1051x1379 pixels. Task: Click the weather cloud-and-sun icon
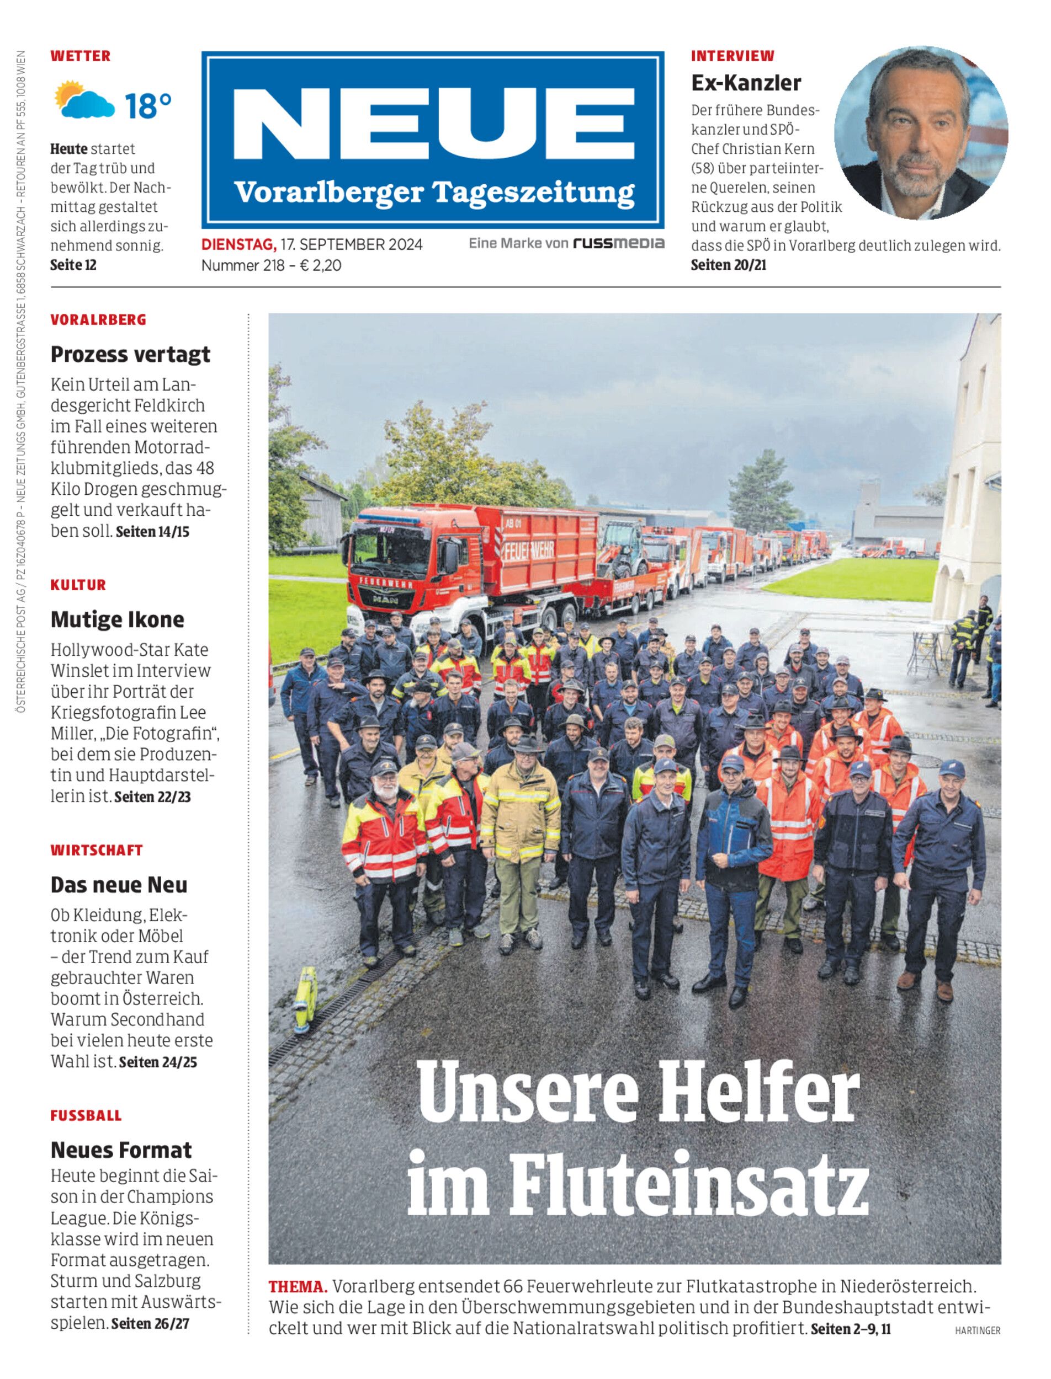click(84, 100)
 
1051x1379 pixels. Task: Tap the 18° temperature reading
click(147, 106)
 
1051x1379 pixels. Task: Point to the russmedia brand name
click(618, 243)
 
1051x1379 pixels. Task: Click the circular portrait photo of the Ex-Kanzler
click(920, 132)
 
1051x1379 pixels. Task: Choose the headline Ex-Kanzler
click(746, 83)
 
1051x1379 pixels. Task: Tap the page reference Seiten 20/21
click(728, 265)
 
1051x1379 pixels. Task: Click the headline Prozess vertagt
click(130, 355)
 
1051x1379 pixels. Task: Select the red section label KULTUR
click(78, 585)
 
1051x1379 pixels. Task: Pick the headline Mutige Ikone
click(117, 619)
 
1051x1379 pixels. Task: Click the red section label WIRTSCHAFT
click(97, 850)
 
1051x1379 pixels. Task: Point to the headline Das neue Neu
click(119, 885)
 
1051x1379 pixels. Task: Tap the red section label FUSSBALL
click(86, 1116)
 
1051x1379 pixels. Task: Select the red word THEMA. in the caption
click(298, 1286)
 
